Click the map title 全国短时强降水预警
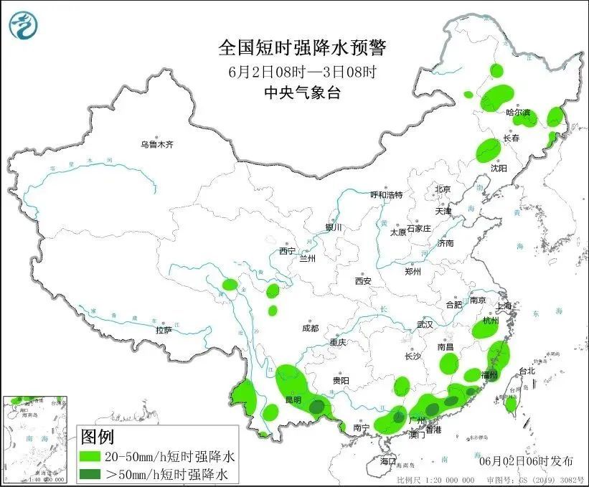coord(302,48)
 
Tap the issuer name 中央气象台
coord(301,92)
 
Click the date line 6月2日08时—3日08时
coord(302,71)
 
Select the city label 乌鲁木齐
coord(157,145)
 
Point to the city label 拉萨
coord(164,330)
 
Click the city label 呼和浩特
coord(386,195)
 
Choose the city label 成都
coord(310,328)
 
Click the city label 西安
coord(363,281)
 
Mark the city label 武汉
coord(425,324)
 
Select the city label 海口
coord(388,460)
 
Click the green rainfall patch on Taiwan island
coord(510,404)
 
